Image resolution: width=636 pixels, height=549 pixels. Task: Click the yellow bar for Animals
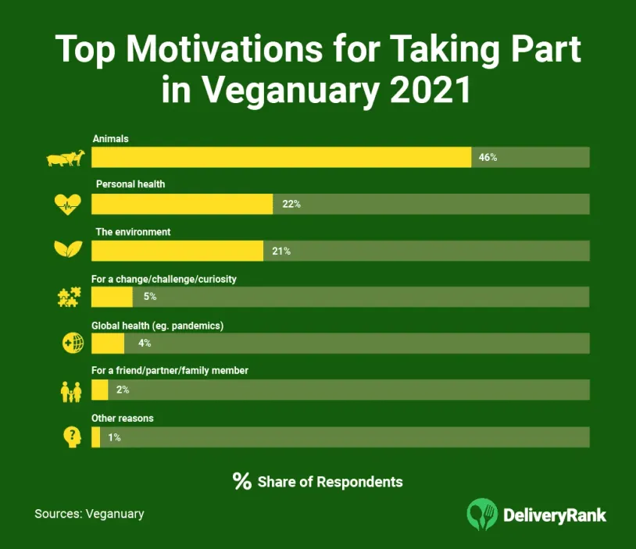[281, 157]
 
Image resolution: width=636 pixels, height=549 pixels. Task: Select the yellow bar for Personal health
[182, 204]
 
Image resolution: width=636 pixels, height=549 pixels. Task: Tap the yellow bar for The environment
[177, 251]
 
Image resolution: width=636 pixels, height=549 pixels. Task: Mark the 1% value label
[114, 437]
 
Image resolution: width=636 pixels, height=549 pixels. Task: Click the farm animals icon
[65, 159]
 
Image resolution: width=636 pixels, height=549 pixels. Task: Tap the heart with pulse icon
[66, 205]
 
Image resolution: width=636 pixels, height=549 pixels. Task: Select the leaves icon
[66, 251]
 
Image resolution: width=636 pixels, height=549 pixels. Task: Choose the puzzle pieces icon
[68, 298]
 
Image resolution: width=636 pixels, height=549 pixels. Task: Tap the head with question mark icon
[71, 437]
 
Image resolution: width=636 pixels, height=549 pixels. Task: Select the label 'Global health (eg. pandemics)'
[158, 325]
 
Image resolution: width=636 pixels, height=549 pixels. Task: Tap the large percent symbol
[241, 481]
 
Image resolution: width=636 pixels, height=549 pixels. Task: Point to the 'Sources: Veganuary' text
[89, 514]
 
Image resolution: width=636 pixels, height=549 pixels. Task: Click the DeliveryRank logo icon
[482, 514]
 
